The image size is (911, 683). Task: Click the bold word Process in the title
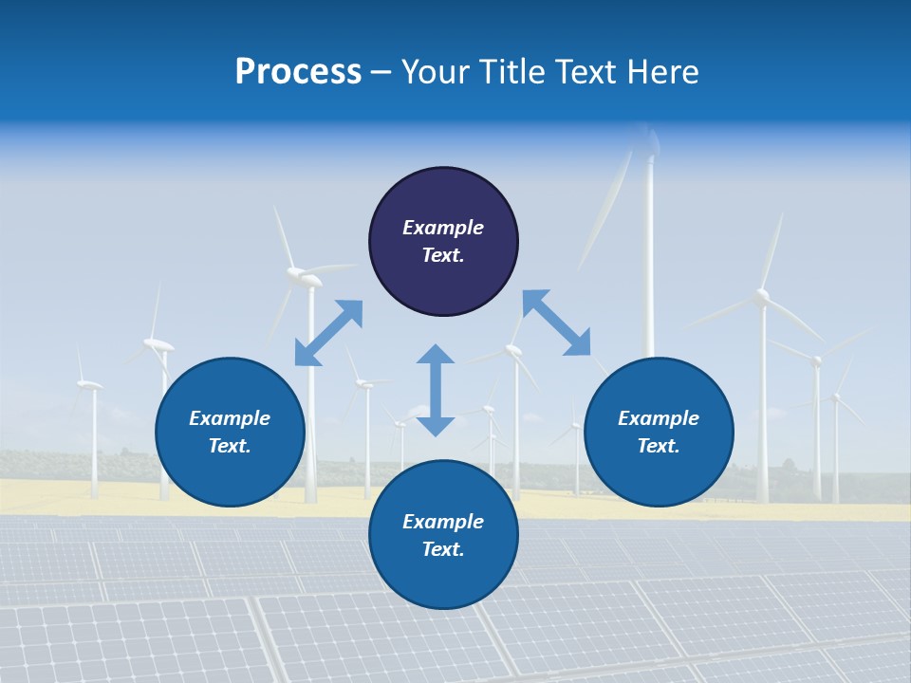(298, 71)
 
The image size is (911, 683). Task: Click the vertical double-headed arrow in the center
(436, 390)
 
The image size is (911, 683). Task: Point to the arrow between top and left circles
(328, 333)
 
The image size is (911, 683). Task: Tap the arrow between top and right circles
(556, 323)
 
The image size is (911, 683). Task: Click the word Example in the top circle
(443, 228)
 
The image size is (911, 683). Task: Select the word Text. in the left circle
(230, 446)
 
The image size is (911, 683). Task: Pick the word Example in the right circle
(659, 418)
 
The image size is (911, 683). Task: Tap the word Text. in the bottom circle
(443, 549)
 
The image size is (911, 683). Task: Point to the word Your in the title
(433, 71)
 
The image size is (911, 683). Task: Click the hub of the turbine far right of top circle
(761, 298)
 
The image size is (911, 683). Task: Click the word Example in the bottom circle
(443, 522)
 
